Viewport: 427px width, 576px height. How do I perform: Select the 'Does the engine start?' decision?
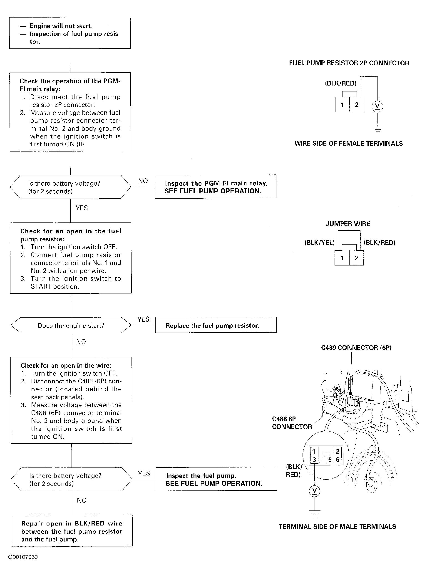pyautogui.click(x=71, y=325)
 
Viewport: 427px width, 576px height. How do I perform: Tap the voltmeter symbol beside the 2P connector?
pyautogui.click(x=377, y=106)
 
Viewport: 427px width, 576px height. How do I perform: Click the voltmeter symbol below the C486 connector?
pyautogui.click(x=315, y=491)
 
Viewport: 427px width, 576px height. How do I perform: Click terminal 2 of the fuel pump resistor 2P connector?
pyautogui.click(x=357, y=105)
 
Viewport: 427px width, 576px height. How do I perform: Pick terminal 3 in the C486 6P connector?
pyautogui.click(x=314, y=460)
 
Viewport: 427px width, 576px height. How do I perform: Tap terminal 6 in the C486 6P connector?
pyautogui.click(x=338, y=460)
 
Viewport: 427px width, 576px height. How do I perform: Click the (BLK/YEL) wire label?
pyautogui.click(x=320, y=243)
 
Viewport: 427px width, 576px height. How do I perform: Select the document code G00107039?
pyautogui.click(x=23, y=557)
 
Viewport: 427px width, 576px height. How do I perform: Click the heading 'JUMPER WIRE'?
pyautogui.click(x=348, y=224)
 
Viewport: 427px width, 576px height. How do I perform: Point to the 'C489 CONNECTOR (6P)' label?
pyautogui.click(x=356, y=348)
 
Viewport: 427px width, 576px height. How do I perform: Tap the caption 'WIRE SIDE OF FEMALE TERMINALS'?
pyautogui.click(x=348, y=143)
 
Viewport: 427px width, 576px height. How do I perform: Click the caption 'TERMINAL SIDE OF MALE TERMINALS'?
pyautogui.click(x=337, y=526)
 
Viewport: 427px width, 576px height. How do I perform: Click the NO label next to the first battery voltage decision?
pyautogui.click(x=143, y=181)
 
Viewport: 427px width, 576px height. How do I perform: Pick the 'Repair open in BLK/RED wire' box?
pyautogui.click(x=72, y=531)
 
